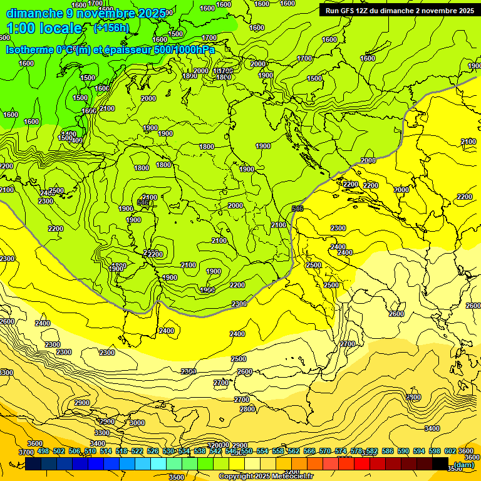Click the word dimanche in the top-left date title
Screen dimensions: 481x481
(34, 13)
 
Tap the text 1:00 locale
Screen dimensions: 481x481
(44, 28)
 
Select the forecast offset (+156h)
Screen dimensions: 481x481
(111, 28)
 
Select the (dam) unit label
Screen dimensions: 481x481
(463, 465)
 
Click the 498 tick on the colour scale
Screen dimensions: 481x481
(43, 451)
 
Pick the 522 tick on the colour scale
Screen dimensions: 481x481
(137, 451)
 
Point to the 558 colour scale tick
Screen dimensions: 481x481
(278, 451)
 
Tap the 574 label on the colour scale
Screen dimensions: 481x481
(341, 451)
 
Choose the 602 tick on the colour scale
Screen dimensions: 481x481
(450, 451)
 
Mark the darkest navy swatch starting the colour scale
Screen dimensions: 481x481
(34, 464)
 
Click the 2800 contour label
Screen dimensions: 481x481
(247, 409)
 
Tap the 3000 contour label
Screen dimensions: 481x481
(137, 423)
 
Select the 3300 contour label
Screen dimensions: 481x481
(101, 433)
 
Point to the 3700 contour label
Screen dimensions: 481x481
(26, 452)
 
